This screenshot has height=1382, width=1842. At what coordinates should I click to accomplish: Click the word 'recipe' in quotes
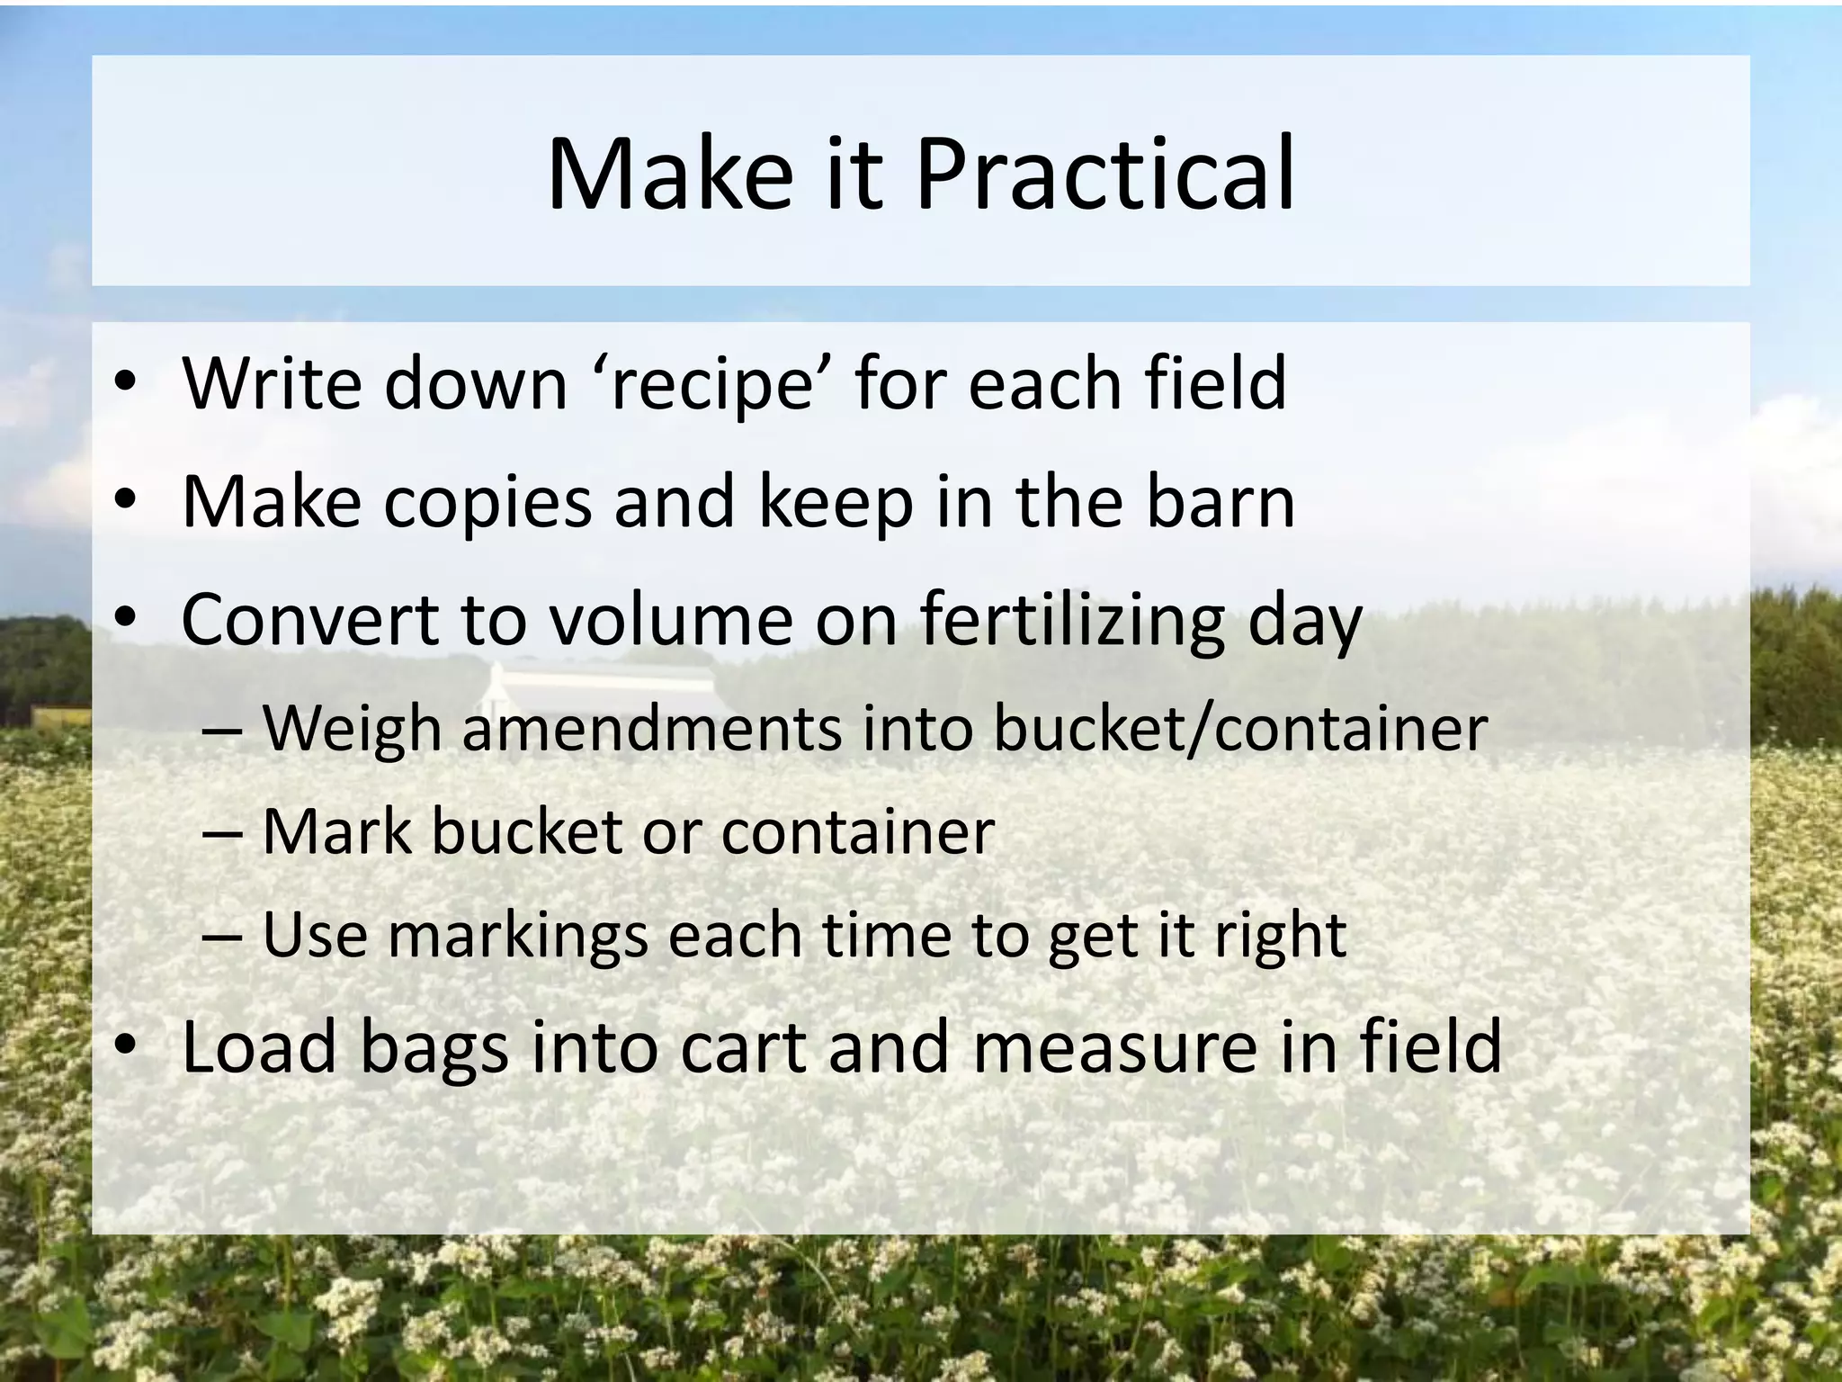(x=713, y=384)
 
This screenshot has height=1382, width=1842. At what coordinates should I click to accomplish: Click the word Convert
(x=308, y=620)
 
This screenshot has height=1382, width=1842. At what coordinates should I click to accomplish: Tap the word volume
(x=671, y=620)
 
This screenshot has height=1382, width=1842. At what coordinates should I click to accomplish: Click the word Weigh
(x=352, y=729)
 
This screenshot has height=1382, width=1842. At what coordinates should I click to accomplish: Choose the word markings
(x=518, y=937)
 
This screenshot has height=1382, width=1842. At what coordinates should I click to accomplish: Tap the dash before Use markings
(x=221, y=937)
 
